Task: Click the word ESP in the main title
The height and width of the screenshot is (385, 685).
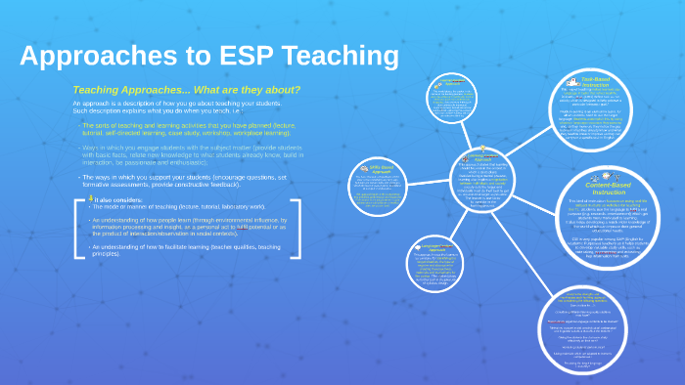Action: [x=251, y=56]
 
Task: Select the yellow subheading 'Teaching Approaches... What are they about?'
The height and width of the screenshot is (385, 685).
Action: [x=186, y=90]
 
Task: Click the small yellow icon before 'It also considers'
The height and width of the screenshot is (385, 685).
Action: [x=91, y=198]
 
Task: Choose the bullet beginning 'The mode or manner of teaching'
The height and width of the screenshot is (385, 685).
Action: [x=176, y=207]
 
